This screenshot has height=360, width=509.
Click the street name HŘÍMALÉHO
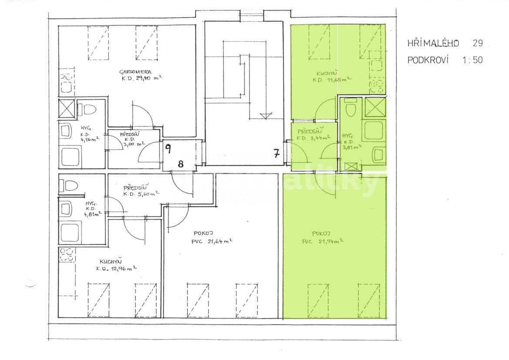433,43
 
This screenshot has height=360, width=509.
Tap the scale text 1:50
472,61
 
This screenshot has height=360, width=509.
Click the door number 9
169,148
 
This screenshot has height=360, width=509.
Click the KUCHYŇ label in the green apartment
325,73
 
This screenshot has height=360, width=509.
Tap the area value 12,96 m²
122,269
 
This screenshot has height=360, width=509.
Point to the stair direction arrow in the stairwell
265,115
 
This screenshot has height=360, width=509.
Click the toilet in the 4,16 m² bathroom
89,109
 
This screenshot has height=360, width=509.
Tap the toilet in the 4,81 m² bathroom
69,185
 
